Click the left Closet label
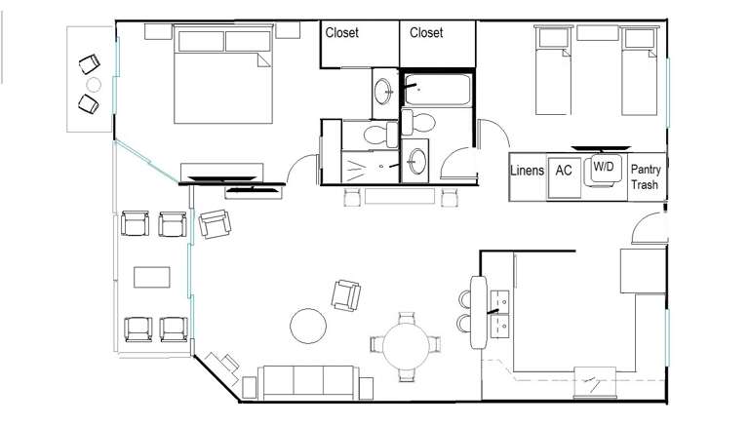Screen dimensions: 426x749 tap(341, 32)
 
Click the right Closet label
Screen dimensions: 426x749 tap(426, 32)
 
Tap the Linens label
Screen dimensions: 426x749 tap(528, 171)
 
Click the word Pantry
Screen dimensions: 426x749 tap(645, 170)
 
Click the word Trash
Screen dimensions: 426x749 tap(644, 184)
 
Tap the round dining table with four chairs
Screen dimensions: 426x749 tap(407, 344)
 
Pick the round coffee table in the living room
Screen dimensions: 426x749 tap(307, 326)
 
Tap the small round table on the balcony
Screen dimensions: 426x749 tap(93, 85)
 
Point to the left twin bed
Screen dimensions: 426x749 tap(555, 73)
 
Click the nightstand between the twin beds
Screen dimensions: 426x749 tap(597, 33)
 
